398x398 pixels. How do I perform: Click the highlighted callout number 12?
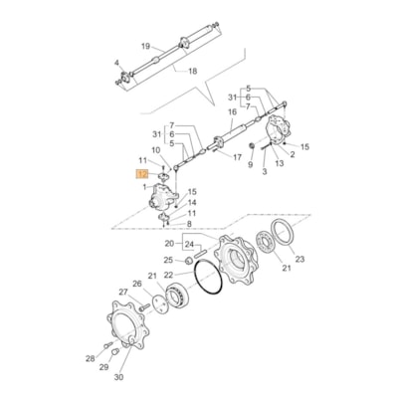click(140, 173)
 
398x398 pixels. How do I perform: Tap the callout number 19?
click(145, 47)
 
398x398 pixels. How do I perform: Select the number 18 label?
click(193, 72)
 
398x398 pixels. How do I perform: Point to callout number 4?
click(116, 63)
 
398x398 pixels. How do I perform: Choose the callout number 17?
click(238, 156)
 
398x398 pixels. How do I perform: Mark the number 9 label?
click(251, 165)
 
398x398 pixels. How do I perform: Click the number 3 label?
click(265, 172)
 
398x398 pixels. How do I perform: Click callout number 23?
click(301, 259)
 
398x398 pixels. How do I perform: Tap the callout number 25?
click(168, 261)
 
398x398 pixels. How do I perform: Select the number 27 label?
click(123, 292)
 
